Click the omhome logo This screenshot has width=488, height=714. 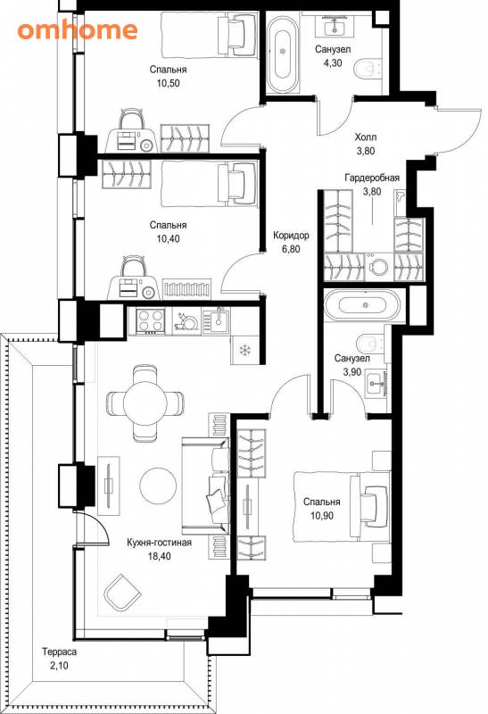[78, 30]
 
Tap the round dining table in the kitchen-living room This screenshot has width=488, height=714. [145, 403]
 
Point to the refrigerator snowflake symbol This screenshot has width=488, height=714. [245, 350]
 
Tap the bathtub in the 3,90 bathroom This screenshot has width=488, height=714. [363, 305]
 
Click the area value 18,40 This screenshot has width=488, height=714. [160, 556]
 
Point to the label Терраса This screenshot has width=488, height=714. [59, 652]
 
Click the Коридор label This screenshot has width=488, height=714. [291, 236]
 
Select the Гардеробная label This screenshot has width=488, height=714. [372, 178]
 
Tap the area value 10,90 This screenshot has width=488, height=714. [322, 516]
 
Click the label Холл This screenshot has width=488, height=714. [366, 137]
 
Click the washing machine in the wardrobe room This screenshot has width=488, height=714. [379, 266]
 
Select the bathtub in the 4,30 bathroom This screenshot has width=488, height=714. [283, 53]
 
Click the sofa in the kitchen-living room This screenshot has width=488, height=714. [206, 486]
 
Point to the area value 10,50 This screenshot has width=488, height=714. [168, 83]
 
